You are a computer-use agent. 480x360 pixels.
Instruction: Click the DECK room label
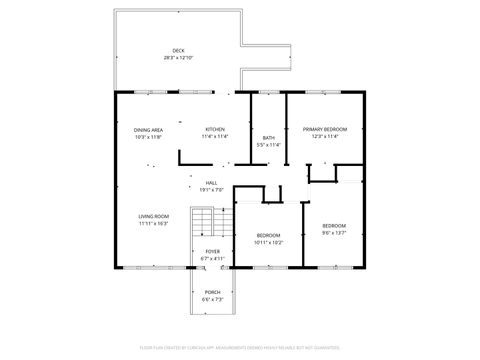tap(178, 51)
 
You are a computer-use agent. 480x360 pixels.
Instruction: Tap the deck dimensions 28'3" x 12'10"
tap(178, 58)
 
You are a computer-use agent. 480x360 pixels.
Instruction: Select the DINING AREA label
tap(149, 130)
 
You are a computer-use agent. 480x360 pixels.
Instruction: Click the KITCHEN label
tap(215, 130)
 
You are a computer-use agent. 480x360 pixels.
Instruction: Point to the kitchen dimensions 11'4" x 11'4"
tap(215, 137)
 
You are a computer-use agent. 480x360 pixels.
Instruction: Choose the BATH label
tap(269, 137)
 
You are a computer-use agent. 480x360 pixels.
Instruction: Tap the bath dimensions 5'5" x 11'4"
tap(269, 144)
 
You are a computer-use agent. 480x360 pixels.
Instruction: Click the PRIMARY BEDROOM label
tap(325, 130)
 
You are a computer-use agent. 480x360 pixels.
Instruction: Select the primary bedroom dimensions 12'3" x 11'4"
tap(325, 137)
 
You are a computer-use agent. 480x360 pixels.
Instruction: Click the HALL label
tap(212, 183)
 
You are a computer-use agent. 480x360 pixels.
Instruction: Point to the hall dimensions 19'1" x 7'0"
tap(212, 190)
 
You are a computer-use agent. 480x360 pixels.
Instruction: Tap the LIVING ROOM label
tap(153, 216)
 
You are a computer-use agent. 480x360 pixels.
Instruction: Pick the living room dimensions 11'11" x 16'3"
tap(153, 223)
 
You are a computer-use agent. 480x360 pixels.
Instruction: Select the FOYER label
tap(213, 251)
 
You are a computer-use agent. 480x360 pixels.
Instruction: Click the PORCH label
tap(213, 292)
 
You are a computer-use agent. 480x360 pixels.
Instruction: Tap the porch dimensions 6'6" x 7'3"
tap(213, 299)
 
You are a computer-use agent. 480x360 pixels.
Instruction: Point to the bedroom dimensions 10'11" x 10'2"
tap(268, 242)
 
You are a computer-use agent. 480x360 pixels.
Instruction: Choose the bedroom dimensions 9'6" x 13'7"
tap(334, 232)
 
